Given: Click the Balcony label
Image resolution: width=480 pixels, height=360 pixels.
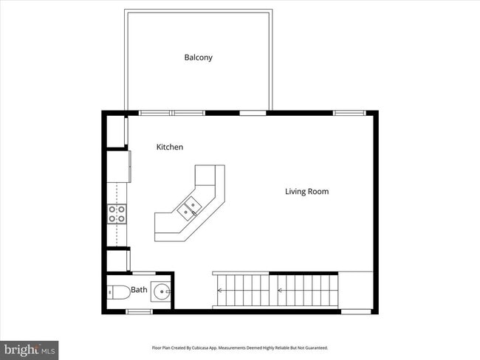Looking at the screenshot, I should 198,57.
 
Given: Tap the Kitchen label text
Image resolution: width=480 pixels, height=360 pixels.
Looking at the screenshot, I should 169,148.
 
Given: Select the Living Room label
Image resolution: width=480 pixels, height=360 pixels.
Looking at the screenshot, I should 306,192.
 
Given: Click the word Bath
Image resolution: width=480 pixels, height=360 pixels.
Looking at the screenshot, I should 139,291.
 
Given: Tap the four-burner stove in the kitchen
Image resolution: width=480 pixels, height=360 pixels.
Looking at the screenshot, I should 117,214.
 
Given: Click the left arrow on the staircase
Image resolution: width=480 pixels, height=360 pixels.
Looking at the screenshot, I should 219,291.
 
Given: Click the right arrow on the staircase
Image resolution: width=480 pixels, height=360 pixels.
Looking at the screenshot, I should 281,291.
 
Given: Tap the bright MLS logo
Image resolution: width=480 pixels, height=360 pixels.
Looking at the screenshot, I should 30,347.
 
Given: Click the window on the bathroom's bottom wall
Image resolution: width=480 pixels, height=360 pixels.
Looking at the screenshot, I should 138,311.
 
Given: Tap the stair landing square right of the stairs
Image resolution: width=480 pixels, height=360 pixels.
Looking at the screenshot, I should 357,290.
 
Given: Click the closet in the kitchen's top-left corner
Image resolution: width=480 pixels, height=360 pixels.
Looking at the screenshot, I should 114,130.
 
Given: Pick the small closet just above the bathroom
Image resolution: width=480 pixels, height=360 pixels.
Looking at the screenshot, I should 117,261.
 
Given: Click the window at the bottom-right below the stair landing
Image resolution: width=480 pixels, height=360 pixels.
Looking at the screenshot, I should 356,311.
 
